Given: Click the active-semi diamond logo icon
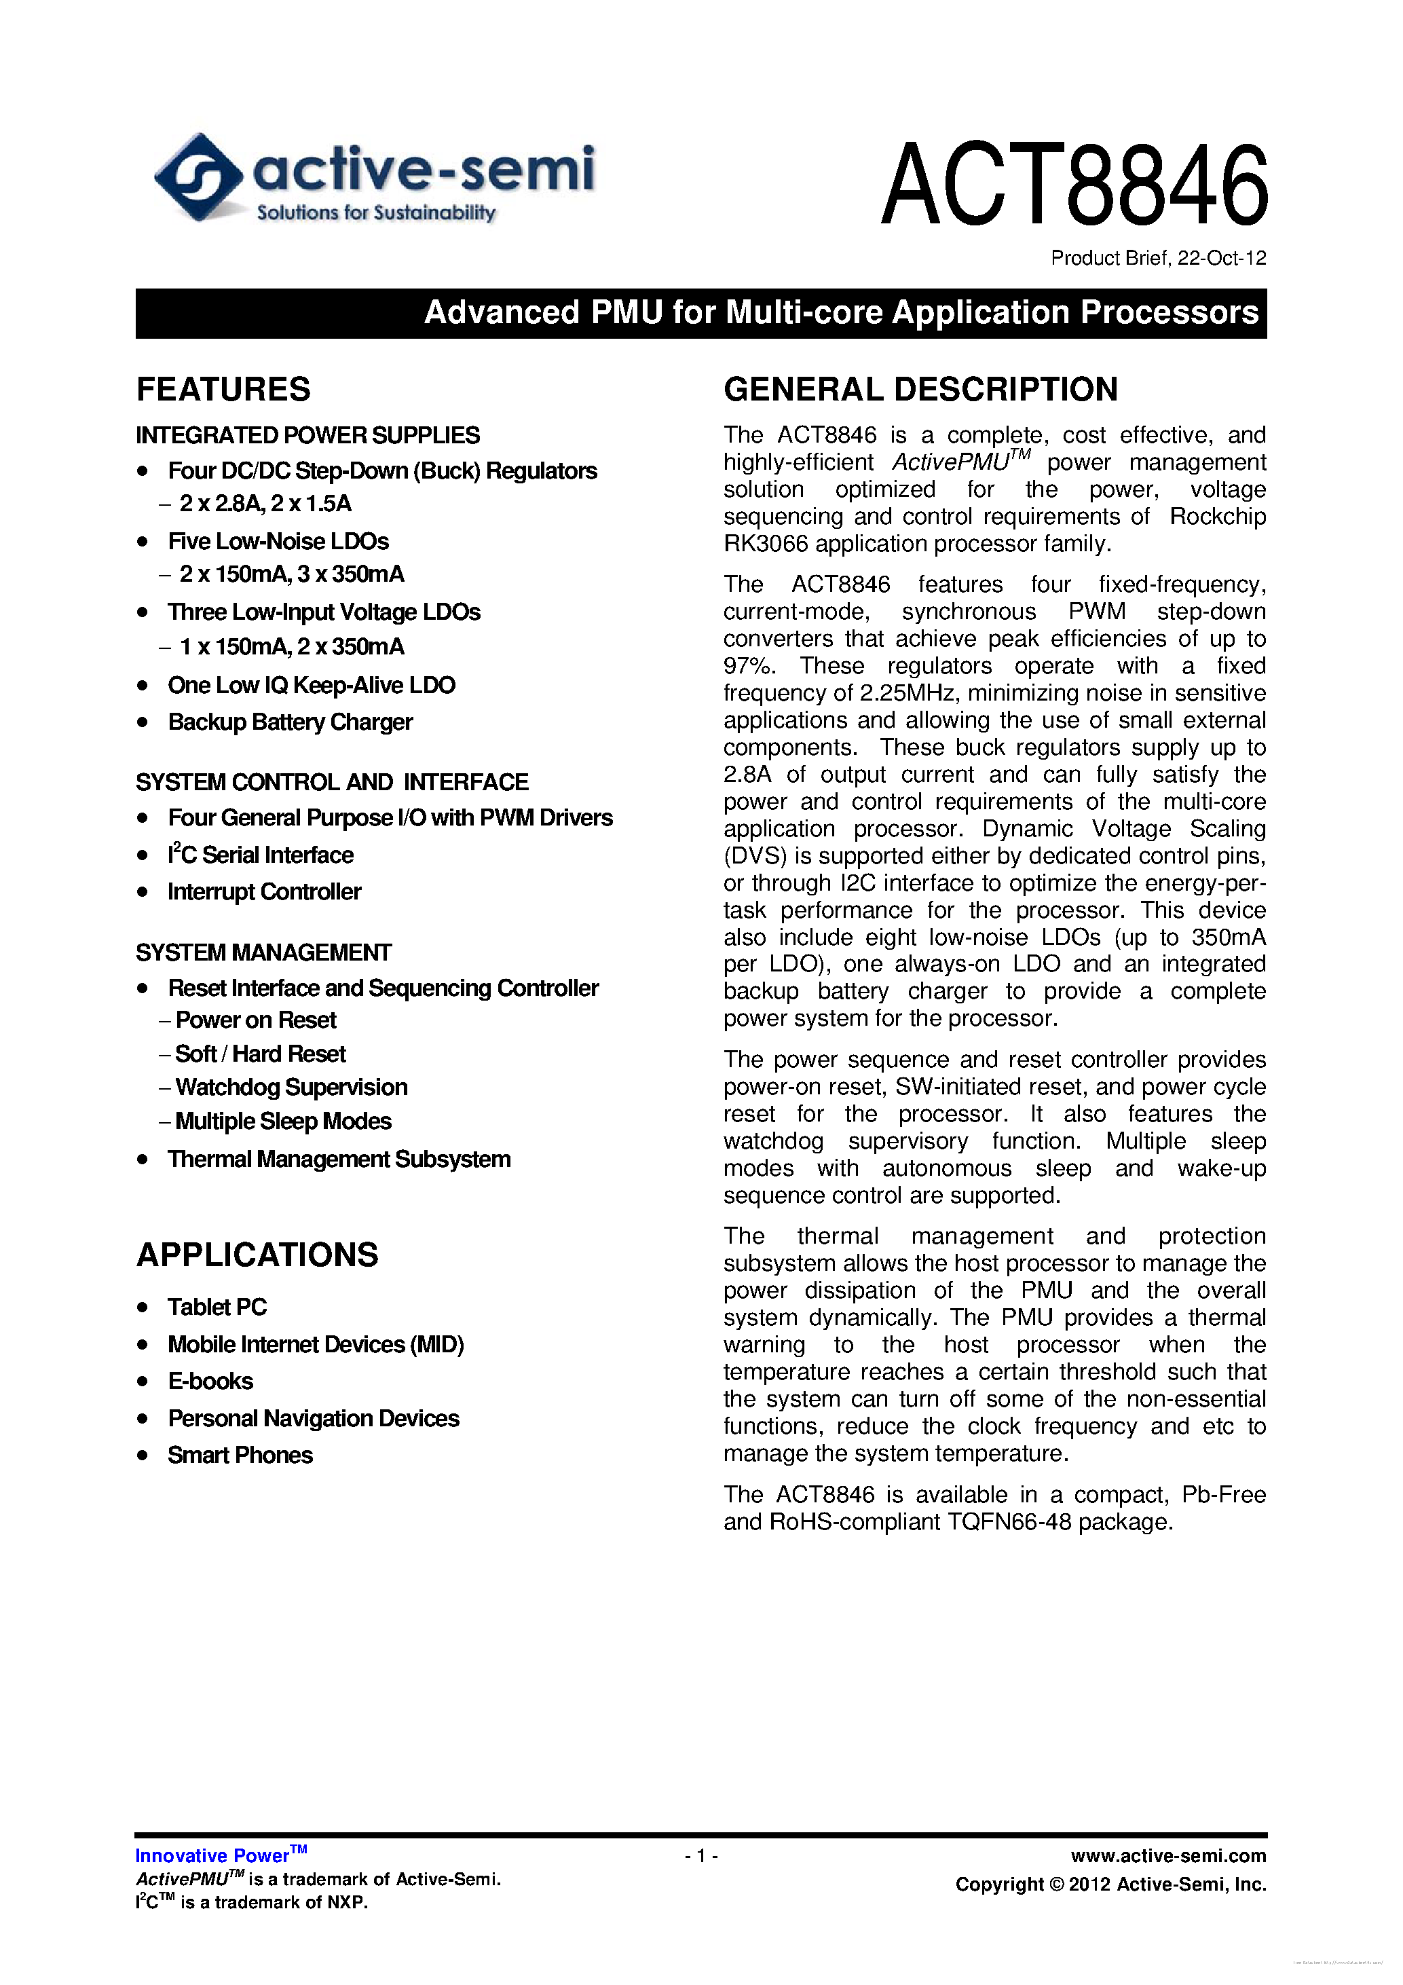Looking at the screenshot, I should click(198, 177).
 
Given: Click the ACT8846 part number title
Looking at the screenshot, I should click(1074, 185).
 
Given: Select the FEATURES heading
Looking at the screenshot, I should click(223, 389).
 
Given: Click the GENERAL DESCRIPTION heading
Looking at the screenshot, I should click(920, 389).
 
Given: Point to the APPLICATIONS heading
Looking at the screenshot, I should click(257, 1255).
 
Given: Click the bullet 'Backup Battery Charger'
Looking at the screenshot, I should click(290, 722).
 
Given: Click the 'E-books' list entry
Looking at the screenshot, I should click(210, 1381).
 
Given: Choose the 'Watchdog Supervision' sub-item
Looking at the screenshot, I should click(291, 1087).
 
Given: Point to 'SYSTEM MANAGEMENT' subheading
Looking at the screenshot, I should click(263, 952).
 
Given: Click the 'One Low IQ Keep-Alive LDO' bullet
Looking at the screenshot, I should click(311, 685).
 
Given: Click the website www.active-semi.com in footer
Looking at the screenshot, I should click(1168, 1855).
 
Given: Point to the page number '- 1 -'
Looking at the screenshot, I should click(701, 1855).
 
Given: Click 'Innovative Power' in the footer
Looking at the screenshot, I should click(212, 1855).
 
